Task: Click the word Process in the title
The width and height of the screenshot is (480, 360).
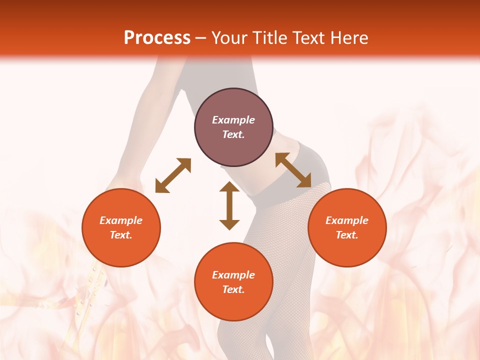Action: (157, 38)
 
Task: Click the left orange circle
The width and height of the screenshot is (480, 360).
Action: (121, 227)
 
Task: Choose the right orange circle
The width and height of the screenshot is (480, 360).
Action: (347, 227)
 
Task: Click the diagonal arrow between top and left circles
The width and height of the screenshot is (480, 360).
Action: (173, 175)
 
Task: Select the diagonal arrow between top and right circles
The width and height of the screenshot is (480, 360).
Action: (293, 170)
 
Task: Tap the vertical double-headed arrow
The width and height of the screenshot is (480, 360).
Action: (229, 205)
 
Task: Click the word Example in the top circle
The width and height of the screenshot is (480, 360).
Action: (233, 120)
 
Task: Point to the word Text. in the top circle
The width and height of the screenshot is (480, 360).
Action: (233, 134)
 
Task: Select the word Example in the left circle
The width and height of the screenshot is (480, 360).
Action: (121, 220)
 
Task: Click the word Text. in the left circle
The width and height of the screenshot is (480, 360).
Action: (121, 235)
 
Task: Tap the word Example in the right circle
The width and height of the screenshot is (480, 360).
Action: (347, 220)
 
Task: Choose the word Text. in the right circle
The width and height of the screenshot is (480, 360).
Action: (347, 235)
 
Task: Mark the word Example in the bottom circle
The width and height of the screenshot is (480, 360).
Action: (233, 275)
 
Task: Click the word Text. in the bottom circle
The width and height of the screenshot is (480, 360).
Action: (233, 289)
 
